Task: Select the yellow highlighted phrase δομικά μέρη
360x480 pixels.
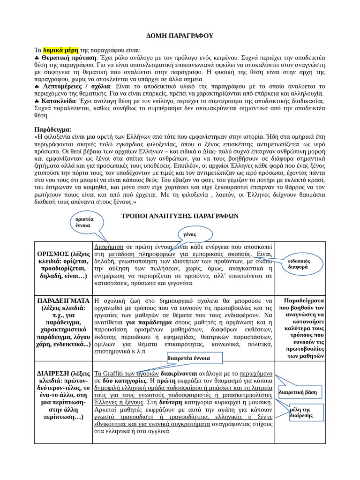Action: (60, 50)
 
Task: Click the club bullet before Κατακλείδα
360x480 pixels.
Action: (37, 100)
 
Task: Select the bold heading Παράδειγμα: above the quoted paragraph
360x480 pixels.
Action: (53, 129)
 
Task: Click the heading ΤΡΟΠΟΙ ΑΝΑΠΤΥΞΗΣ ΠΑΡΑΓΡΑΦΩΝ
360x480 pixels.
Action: (180, 216)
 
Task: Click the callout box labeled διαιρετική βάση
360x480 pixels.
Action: (298, 392)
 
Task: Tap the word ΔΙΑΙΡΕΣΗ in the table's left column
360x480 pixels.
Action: (53, 373)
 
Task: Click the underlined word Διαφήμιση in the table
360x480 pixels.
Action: (109, 246)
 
